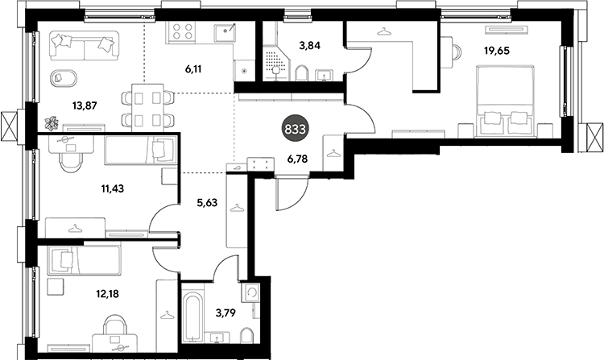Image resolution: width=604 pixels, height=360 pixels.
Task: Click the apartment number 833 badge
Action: tap(295, 129)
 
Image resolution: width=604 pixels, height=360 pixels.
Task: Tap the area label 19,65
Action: tap(497, 51)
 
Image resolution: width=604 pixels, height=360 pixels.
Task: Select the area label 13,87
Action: tap(85, 105)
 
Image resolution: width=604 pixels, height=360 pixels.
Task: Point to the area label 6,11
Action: tap(193, 69)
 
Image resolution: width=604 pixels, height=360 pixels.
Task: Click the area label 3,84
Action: tap(310, 45)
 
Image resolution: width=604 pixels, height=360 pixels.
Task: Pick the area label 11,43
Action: tap(113, 188)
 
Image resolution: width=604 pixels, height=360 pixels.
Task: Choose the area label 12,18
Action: tap(107, 294)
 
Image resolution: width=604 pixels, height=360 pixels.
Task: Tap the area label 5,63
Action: tap(207, 202)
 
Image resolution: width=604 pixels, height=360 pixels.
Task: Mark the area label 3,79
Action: tap(225, 312)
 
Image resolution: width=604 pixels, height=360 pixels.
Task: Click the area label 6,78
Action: tap(298, 158)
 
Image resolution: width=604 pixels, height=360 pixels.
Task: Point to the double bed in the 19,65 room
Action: tap(505, 101)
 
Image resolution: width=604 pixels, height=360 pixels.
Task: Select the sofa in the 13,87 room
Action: tap(83, 46)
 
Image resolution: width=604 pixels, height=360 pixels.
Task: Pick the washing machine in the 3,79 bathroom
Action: tap(250, 292)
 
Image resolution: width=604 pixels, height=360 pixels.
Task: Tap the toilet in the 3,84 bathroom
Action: tap(302, 73)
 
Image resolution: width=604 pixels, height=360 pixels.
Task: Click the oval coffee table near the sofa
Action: tap(63, 79)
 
